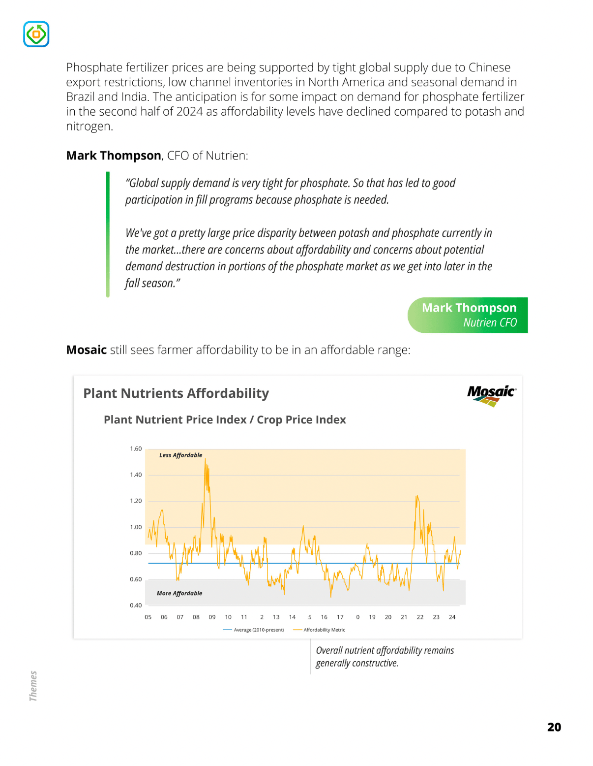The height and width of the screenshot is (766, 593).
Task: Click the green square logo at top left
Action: point(36,34)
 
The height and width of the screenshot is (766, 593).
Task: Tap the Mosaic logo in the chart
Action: point(491,395)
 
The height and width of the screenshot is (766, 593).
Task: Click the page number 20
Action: point(554,727)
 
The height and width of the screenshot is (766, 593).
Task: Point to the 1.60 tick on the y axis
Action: point(136,448)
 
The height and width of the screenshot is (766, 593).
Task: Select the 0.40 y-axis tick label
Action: point(136,605)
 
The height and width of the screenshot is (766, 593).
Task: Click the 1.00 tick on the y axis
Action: point(136,527)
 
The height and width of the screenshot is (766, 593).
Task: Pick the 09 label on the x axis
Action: point(212,617)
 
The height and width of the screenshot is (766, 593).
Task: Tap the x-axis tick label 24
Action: point(452,617)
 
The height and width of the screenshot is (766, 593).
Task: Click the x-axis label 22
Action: point(420,617)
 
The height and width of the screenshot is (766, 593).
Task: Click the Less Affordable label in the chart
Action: point(180,455)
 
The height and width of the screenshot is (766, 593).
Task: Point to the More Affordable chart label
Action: point(179,593)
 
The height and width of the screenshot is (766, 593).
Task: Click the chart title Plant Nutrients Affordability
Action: point(176,393)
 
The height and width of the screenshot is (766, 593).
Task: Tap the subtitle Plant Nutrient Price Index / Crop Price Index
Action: point(225,419)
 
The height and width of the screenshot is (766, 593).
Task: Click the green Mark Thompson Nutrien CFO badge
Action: point(468,315)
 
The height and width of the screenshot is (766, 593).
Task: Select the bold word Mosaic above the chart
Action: point(87,350)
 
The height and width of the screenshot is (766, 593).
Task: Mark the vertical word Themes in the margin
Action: point(33,686)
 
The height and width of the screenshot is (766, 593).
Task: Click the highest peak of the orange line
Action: point(205,459)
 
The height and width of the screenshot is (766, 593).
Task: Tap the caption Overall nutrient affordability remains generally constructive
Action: point(385,657)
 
